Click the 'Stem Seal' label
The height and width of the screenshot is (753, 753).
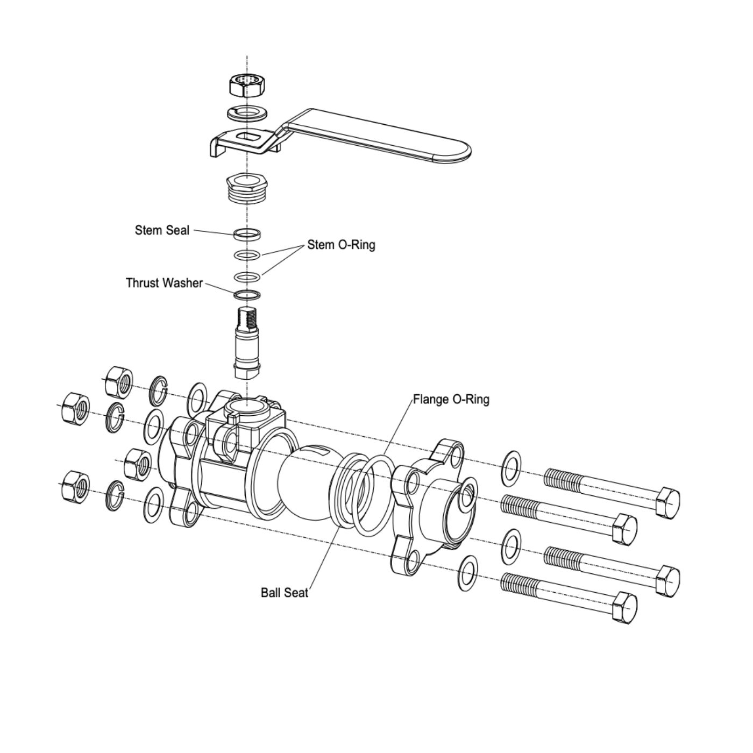click(162, 231)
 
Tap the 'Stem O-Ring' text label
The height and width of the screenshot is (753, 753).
click(341, 245)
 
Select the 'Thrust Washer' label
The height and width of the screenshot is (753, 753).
click(164, 283)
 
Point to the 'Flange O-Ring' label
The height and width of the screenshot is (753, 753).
click(451, 400)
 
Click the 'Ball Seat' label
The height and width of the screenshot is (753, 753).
click(285, 593)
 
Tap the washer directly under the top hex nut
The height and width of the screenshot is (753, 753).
click(247, 113)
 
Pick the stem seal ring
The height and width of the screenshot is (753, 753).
click(247, 235)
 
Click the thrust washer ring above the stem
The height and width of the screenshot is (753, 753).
click(247, 294)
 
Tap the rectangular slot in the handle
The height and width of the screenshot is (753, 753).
click(249, 137)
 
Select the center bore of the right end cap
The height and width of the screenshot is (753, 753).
click(467, 497)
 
